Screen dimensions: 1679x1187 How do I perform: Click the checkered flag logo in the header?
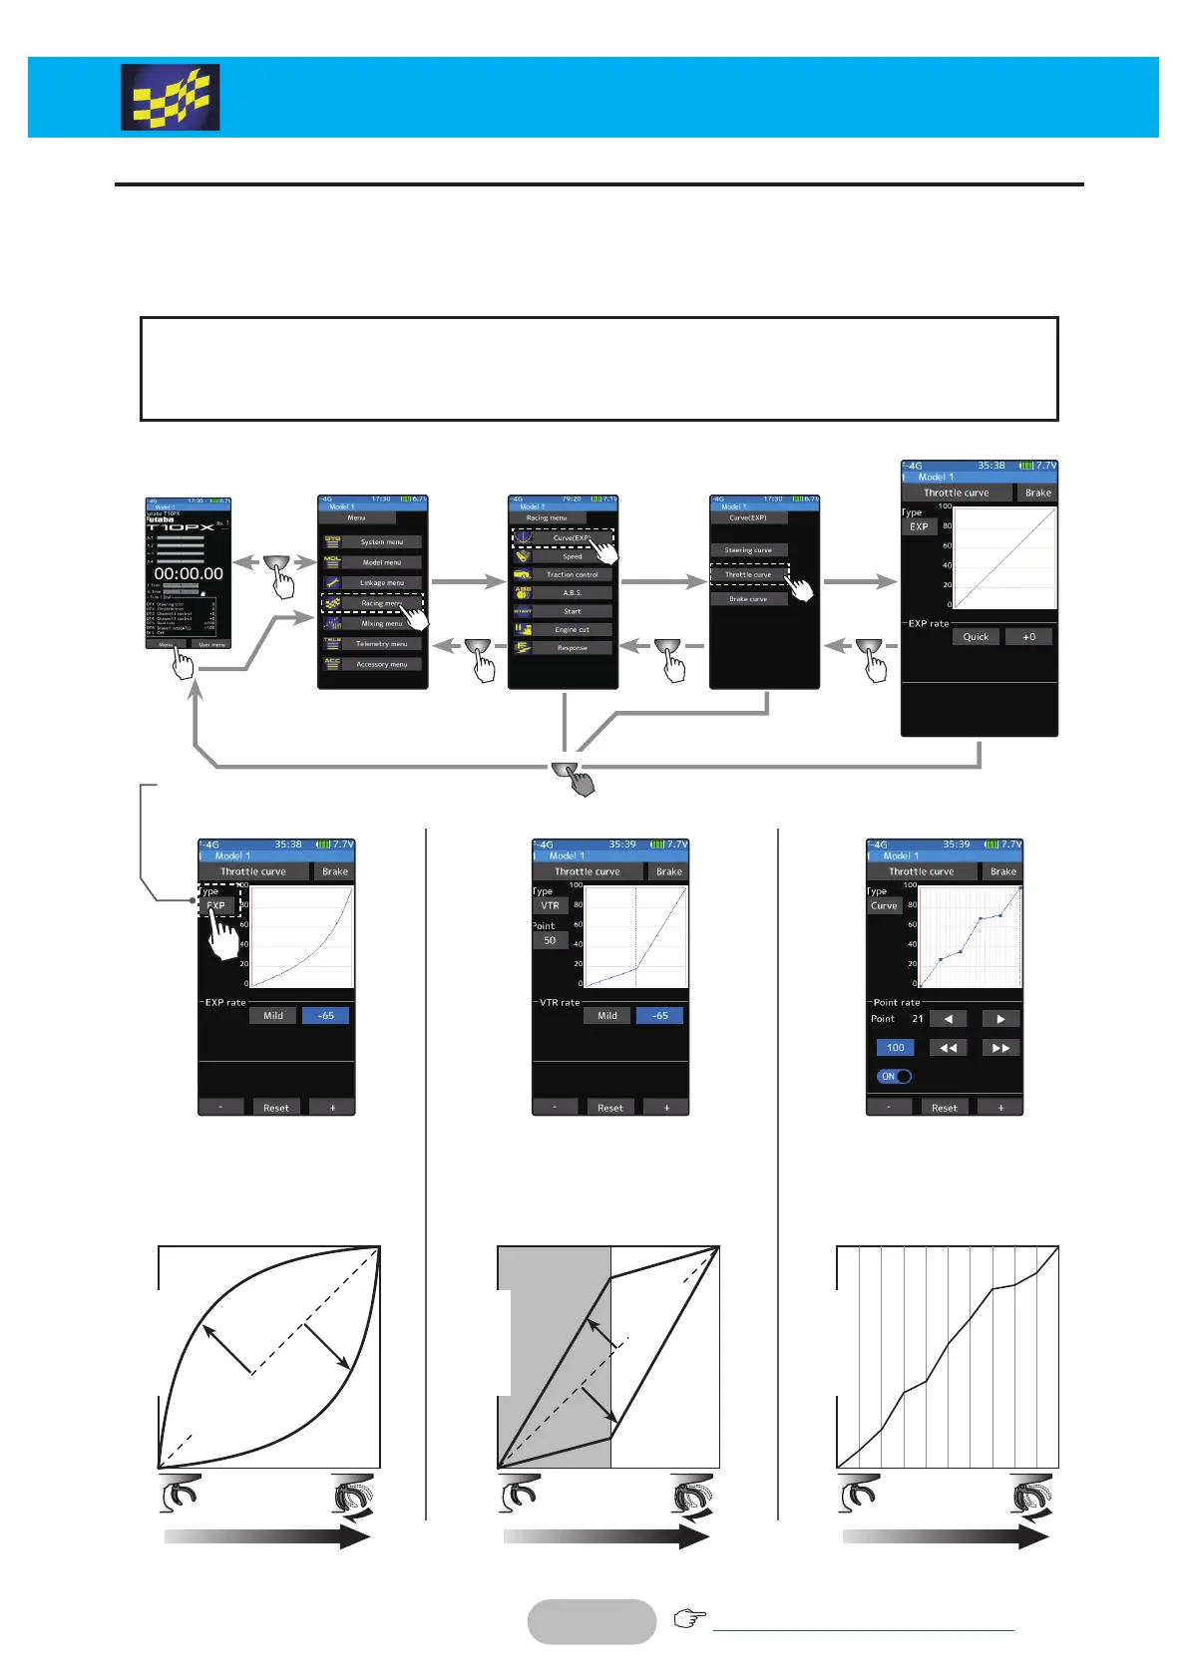click(171, 98)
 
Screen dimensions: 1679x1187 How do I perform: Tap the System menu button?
click(382, 542)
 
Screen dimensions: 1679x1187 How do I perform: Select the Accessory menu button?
click(382, 664)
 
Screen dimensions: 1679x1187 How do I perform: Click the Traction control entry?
click(573, 575)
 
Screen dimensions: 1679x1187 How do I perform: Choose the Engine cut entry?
click(573, 630)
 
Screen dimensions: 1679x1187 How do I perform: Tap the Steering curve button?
click(748, 550)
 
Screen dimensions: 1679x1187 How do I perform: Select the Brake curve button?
click(748, 599)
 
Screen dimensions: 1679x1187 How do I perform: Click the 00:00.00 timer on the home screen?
click(189, 574)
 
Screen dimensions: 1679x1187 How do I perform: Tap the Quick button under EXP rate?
click(976, 637)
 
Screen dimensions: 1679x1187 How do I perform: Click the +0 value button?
click(1028, 637)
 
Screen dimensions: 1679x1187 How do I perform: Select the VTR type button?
click(550, 906)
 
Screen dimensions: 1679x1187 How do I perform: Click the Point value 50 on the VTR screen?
click(550, 941)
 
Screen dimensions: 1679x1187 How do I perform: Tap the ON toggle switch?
click(895, 1077)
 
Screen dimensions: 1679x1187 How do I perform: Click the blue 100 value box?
click(895, 1048)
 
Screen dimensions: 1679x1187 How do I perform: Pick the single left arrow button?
click(949, 1019)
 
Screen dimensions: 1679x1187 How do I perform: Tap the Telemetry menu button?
click(382, 644)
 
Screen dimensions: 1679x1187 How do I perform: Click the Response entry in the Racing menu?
click(573, 648)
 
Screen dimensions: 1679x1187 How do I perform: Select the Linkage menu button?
click(382, 583)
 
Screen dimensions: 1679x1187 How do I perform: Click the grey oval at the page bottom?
click(592, 1622)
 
